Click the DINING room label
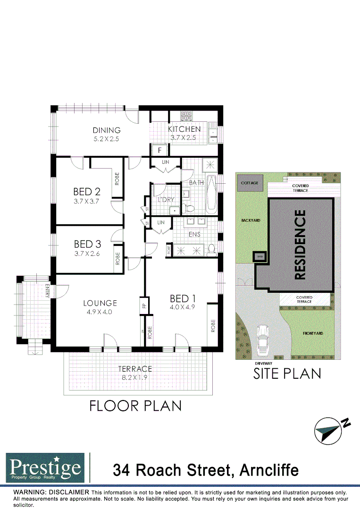(107, 130)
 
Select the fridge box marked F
(160, 150)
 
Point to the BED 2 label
(87, 192)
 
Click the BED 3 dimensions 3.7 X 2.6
(87, 254)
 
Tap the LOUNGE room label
(100, 303)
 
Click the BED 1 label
(183, 298)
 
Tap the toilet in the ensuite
(212, 248)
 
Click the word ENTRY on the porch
(48, 291)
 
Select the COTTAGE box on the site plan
(250, 183)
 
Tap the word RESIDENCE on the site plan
(301, 246)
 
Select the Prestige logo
(45, 468)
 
